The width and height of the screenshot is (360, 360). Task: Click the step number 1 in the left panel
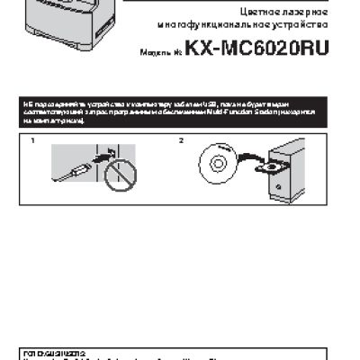pos(31,141)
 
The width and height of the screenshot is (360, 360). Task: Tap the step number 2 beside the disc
pos(181,141)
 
